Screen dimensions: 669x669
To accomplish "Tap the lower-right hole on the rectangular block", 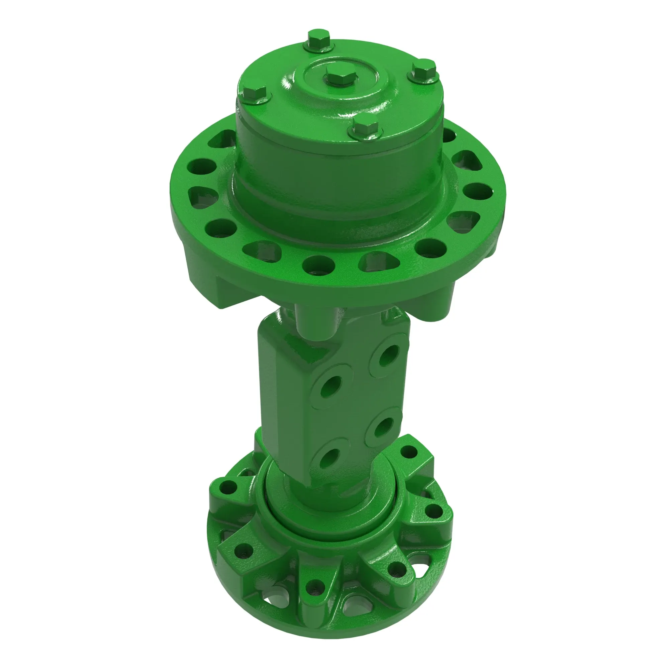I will click(384, 426).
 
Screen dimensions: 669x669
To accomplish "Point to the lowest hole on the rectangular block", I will click(327, 459).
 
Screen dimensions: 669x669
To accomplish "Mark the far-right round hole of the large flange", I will click(478, 191).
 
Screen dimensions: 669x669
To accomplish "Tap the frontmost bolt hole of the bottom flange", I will click(315, 588).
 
